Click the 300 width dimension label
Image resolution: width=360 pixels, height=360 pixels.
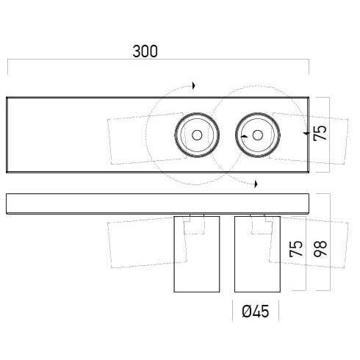(x=145, y=51)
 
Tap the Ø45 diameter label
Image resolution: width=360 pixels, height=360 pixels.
(x=255, y=312)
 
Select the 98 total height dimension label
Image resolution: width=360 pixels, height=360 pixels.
(x=320, y=248)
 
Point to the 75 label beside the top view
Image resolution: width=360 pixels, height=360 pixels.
(x=320, y=133)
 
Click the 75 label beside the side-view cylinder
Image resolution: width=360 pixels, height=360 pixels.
(x=296, y=248)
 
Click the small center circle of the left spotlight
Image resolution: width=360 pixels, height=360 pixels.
(x=197, y=135)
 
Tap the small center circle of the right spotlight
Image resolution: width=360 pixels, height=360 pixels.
(x=258, y=135)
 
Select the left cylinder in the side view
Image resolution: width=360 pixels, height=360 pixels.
(x=197, y=254)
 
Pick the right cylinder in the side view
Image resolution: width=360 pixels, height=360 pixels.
(x=257, y=254)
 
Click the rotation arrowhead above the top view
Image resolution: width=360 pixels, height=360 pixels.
(x=194, y=86)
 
